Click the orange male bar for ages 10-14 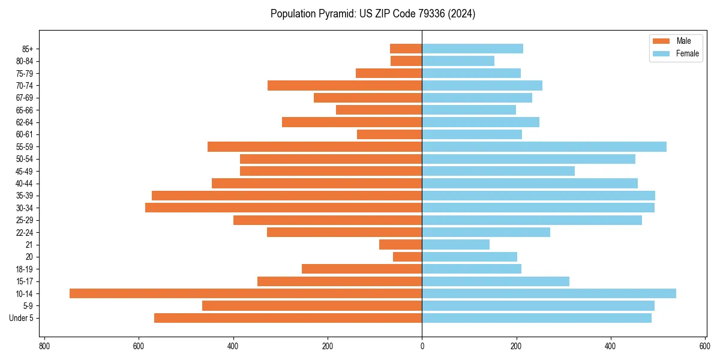click(245, 293)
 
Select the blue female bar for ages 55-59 click(544, 146)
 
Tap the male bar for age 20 click(407, 257)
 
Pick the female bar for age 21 click(455, 244)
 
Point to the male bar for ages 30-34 click(283, 208)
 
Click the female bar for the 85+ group click(472, 49)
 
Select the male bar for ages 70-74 click(344, 85)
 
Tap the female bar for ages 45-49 click(498, 171)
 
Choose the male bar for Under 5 click(288, 318)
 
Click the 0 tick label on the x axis click(422, 346)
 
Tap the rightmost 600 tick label click(705, 346)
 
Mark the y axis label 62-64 click(25, 122)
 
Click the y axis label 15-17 click(25, 281)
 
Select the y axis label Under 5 click(22, 318)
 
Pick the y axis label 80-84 click(25, 61)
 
